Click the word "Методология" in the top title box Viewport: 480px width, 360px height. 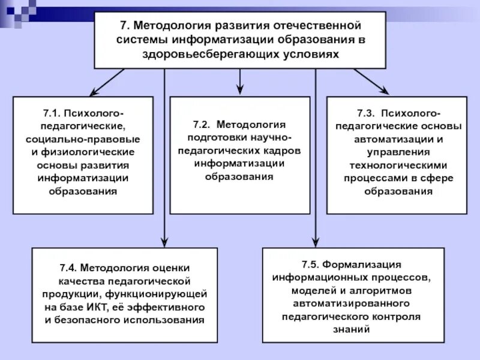[166, 26]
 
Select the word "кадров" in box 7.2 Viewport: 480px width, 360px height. [282, 151]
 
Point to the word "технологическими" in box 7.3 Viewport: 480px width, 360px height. [396, 165]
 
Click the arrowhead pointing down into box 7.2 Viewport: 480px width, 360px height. [240, 89]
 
